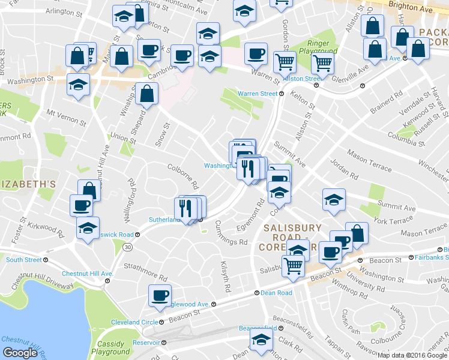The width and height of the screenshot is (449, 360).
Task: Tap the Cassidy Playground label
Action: click(x=111, y=349)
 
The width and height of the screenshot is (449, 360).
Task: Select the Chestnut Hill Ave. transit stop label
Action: click(x=87, y=274)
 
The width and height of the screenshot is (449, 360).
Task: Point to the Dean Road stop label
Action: click(x=276, y=293)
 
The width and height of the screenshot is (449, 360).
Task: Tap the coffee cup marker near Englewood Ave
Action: click(x=160, y=296)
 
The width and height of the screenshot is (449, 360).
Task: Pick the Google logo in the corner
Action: click(x=20, y=352)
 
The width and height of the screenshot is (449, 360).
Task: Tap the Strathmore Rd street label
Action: click(x=145, y=271)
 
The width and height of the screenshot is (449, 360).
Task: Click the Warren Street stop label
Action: click(x=258, y=94)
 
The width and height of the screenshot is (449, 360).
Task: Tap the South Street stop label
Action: click(x=24, y=260)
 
